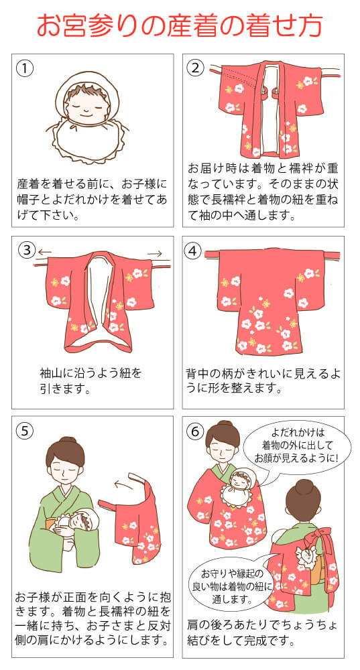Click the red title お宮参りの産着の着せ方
[180, 25]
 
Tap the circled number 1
[25, 68]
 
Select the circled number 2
[195, 68]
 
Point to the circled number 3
[27, 251]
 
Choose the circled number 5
[25, 431]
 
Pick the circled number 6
[195, 431]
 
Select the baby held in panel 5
[77, 522]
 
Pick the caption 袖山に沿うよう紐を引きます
[91, 382]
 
